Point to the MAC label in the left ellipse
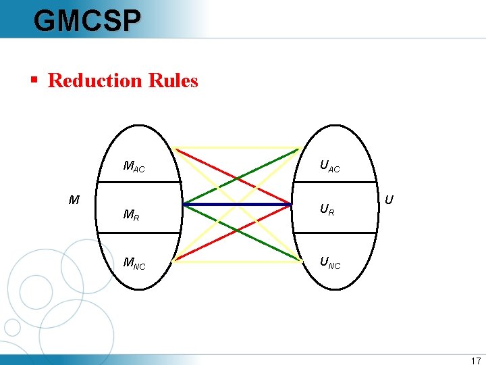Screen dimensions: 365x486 click(134, 166)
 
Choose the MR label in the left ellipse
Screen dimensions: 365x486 click(131, 215)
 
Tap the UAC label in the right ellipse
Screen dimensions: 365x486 click(329, 166)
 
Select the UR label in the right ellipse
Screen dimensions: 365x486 click(327, 210)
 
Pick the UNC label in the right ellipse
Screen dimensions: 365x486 click(329, 262)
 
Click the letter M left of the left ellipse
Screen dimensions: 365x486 click(74, 200)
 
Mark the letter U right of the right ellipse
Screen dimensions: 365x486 click(389, 200)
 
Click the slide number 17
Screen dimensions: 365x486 click(475, 361)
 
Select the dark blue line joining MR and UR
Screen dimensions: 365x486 click(236, 204)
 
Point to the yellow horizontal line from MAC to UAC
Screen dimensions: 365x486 click(236, 147)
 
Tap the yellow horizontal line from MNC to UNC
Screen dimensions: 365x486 click(236, 260)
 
